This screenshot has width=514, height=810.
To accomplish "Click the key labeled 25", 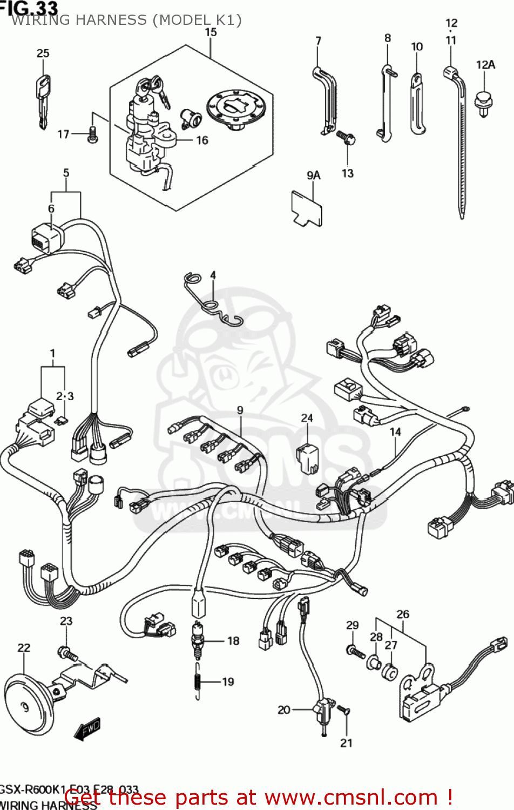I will [x=43, y=100].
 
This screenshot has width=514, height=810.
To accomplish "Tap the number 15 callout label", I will [x=211, y=32].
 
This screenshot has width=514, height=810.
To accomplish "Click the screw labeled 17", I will [x=93, y=134].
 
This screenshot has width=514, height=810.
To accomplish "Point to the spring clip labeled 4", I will [x=211, y=302].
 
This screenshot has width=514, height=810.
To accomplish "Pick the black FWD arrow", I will [x=87, y=729].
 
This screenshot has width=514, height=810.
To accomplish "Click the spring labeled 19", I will [x=198, y=681].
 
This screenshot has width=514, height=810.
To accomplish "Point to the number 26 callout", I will [x=403, y=615].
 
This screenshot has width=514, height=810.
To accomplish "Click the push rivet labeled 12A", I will [x=484, y=103].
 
